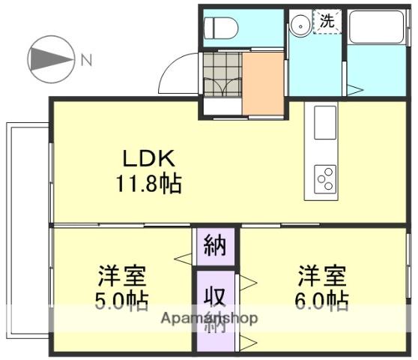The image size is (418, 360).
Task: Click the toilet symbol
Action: pos(221,28)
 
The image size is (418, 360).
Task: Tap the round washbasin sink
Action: pos(300,26)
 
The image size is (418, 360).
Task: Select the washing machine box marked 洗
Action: pos(327,21)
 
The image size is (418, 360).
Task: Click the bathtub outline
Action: pos(377,27)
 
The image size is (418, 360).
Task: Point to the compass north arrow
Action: pos(51,59)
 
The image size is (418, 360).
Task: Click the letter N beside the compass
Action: pos(86,60)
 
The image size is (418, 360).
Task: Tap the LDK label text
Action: pos(149,158)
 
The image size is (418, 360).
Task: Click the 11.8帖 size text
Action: pos(149,184)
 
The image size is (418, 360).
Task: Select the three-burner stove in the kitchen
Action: pos(325,179)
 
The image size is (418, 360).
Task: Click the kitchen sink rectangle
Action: pos(325,122)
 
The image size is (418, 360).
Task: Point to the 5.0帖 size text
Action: pos(121,301)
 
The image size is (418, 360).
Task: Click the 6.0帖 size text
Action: pos(321,301)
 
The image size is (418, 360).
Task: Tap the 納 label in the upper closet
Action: pos(215,245)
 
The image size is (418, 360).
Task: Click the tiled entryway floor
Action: pos(222,74)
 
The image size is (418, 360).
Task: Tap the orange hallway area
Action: pos(263,84)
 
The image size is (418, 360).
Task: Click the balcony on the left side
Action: pos(28,230)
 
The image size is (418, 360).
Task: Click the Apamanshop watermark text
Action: pos(209,318)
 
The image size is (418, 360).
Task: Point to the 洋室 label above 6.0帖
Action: pos(321,276)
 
